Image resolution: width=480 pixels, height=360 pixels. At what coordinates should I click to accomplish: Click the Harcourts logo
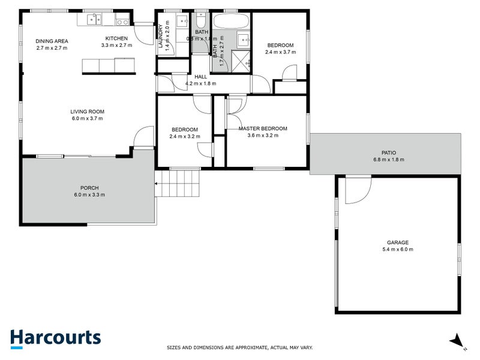[56, 337]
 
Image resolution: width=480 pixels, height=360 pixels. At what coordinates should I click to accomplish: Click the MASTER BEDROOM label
[263, 128]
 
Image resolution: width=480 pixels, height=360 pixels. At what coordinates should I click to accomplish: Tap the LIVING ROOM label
[88, 111]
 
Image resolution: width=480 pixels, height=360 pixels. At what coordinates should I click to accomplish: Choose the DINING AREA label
[52, 41]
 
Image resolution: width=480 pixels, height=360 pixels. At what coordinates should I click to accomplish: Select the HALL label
[200, 77]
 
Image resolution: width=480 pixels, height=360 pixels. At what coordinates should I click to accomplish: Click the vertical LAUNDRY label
[161, 37]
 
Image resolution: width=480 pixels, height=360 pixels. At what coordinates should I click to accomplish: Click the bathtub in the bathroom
[231, 22]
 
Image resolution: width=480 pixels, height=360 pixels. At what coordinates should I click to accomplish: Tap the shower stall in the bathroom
[240, 61]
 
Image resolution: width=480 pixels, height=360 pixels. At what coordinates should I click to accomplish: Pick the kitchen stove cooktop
[122, 22]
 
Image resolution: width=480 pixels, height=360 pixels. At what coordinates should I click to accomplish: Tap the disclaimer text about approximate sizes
[239, 347]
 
